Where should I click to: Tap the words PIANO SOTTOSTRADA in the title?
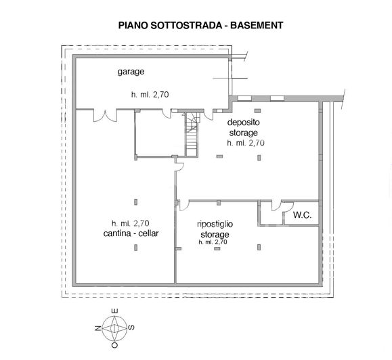160,25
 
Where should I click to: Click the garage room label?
131,71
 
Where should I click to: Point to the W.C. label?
302,217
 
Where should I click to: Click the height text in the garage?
150,95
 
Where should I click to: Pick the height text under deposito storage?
245,143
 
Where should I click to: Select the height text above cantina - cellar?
131,223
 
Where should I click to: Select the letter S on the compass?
131,328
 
